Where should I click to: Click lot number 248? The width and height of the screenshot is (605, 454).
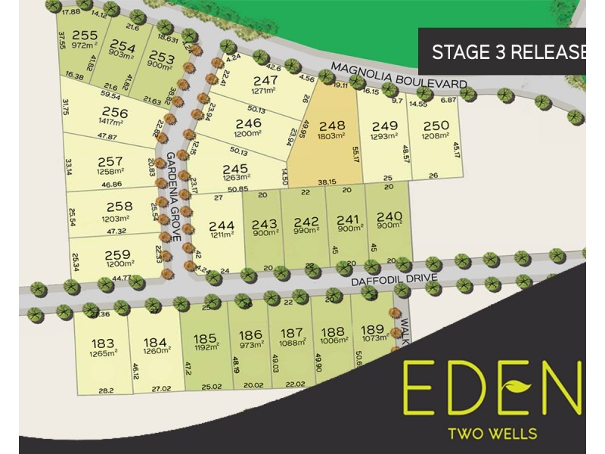pyautogui.click(x=332, y=126)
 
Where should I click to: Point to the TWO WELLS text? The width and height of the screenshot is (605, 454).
pyautogui.click(x=493, y=434)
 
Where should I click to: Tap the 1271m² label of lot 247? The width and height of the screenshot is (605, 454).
pyautogui.click(x=266, y=92)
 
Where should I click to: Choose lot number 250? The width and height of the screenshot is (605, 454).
pyautogui.click(x=436, y=126)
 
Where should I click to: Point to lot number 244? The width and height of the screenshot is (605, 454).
pyautogui.click(x=222, y=225)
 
